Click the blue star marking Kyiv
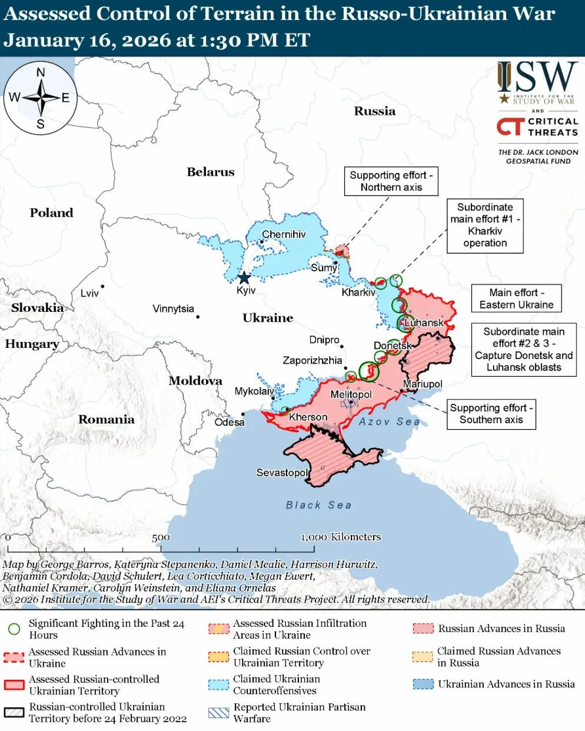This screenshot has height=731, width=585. (x=244, y=278)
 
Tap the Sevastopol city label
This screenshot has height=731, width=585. (x=282, y=473)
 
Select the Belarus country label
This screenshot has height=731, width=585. (x=210, y=172)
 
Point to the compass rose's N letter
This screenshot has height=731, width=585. (x=41, y=73)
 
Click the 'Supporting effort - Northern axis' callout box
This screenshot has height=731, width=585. (x=391, y=181)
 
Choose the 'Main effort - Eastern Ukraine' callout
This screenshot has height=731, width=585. (x=516, y=298)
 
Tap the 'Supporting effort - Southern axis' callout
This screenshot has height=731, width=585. (x=491, y=414)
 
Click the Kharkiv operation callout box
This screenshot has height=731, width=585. (x=485, y=225)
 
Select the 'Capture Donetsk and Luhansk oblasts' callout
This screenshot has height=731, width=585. (x=523, y=350)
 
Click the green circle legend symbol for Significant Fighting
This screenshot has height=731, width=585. (x=14, y=629)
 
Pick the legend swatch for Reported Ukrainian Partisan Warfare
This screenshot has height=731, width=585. (x=219, y=713)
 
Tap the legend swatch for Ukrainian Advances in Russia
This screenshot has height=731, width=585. (x=423, y=684)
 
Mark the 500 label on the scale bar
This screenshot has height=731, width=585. (x=161, y=537)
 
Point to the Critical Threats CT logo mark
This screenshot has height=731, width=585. (x=510, y=127)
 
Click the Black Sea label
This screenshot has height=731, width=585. (x=318, y=505)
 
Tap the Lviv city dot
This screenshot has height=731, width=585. (x=103, y=287)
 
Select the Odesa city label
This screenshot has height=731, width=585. (x=229, y=422)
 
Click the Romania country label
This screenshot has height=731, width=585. (x=107, y=419)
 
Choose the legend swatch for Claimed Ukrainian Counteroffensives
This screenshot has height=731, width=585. (x=219, y=685)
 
